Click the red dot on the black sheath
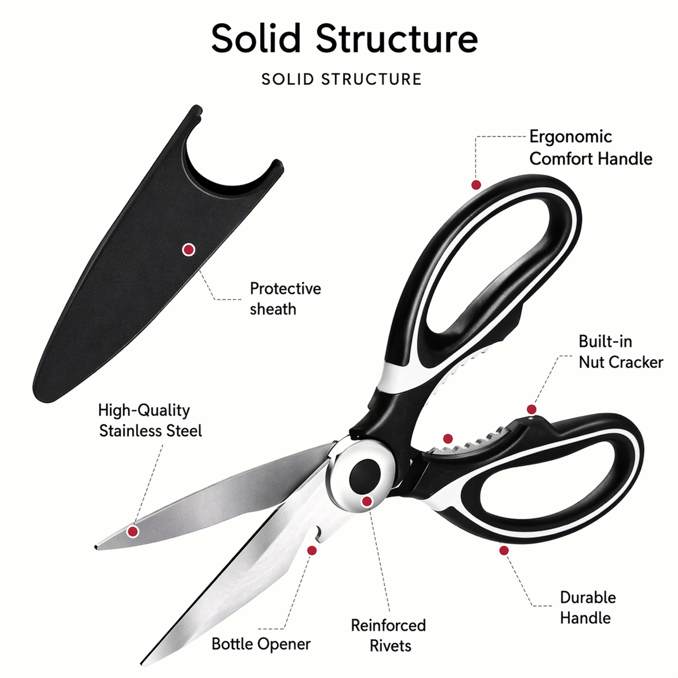coord(189,249)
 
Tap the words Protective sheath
coord(285,298)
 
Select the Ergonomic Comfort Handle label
coord(590,148)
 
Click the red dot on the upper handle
coord(476,184)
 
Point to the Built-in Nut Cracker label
coord(621,351)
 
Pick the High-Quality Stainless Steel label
coord(150,420)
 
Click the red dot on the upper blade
coord(132,531)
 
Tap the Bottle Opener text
coord(261,644)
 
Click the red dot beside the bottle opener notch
coord(312,550)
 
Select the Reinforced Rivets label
coord(388,636)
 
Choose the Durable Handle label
coord(588,608)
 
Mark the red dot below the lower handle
coord(504,550)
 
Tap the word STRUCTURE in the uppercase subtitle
coord(371,79)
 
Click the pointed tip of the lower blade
coord(142,664)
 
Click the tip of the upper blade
coord(96,547)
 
